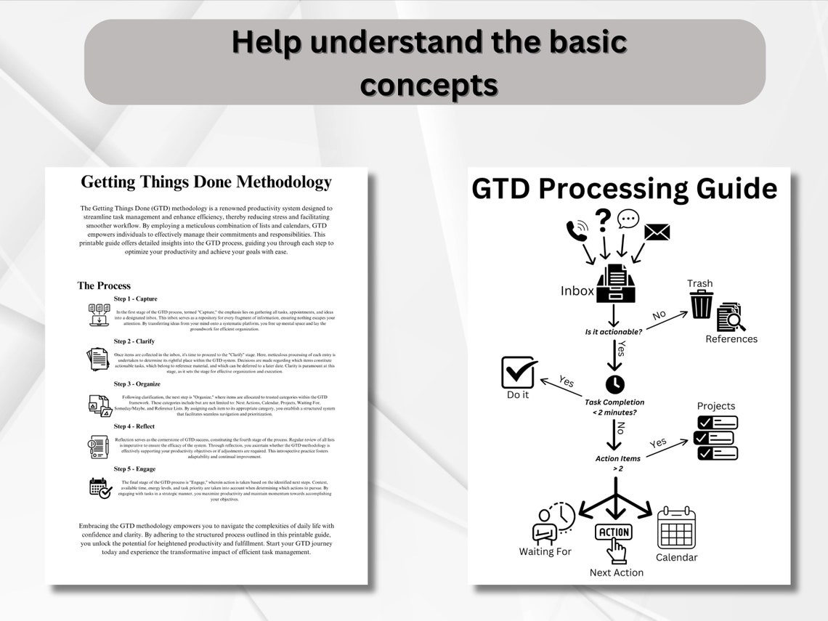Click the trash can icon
click(x=702, y=304)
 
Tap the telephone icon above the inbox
click(x=578, y=232)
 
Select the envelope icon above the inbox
click(x=657, y=232)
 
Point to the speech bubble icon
click(x=628, y=219)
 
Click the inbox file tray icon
click(x=617, y=284)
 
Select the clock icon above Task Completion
click(x=614, y=383)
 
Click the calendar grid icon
click(x=676, y=528)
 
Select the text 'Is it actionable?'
click(x=614, y=331)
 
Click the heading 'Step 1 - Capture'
click(x=135, y=299)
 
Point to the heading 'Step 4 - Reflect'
click(x=134, y=426)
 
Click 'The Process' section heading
click(x=104, y=285)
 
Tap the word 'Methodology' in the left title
click(x=280, y=182)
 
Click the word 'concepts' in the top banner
click(x=429, y=85)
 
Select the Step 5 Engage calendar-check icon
click(x=100, y=487)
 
